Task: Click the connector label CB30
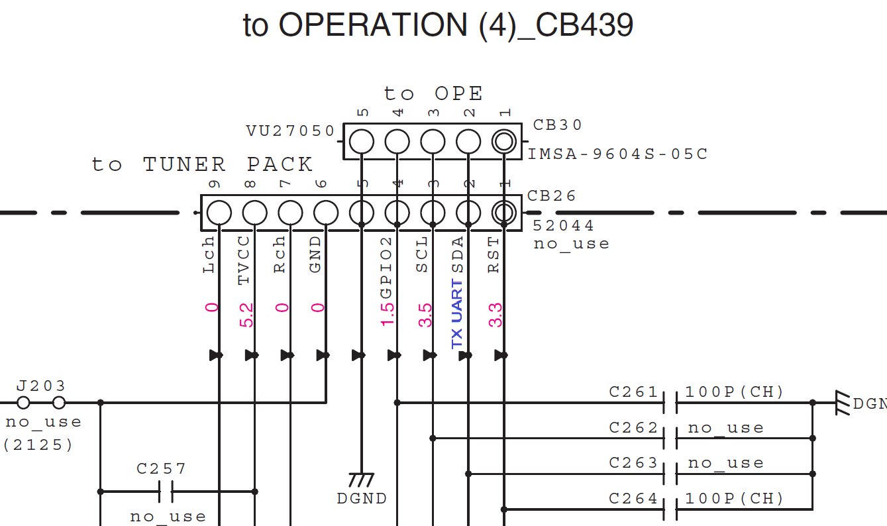(x=557, y=125)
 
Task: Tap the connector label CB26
(x=551, y=196)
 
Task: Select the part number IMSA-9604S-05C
(x=618, y=154)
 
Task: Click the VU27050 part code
(x=290, y=131)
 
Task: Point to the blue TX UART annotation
(x=457, y=314)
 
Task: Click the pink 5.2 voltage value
(x=246, y=315)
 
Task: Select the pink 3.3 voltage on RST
(x=495, y=315)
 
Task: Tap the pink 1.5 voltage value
(x=388, y=315)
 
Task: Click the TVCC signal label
(x=244, y=260)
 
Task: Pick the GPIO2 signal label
(x=386, y=268)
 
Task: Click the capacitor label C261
(x=633, y=392)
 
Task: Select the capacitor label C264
(x=633, y=499)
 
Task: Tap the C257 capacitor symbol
(x=166, y=492)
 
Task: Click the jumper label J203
(x=41, y=386)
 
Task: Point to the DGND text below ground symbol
(x=362, y=499)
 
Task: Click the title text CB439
(x=584, y=25)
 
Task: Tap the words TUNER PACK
(x=228, y=165)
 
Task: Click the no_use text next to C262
(x=726, y=428)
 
